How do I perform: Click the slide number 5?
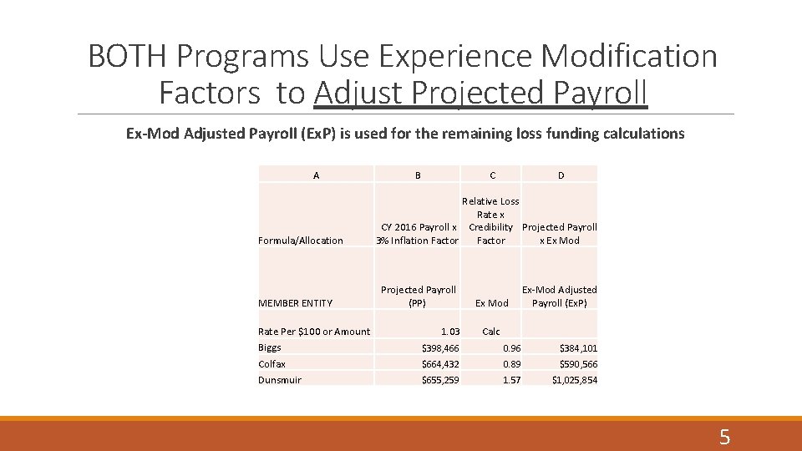point(724,436)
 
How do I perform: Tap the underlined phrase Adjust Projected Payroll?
point(480,93)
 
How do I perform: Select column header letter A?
point(316,175)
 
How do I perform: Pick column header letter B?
point(418,175)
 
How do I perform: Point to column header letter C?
point(492,175)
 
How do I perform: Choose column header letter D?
point(561,175)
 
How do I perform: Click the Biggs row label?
point(270,347)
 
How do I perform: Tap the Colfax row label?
point(272,364)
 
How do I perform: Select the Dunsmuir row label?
point(280,380)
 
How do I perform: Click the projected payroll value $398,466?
point(439,347)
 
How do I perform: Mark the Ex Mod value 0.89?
point(511,364)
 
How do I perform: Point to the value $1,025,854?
point(574,380)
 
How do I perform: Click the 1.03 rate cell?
point(450,332)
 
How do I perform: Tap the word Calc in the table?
point(491,332)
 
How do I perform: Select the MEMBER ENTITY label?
point(295,303)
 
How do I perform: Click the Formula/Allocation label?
point(301,241)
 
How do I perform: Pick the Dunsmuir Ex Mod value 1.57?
point(511,380)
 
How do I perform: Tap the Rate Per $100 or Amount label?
point(314,332)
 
